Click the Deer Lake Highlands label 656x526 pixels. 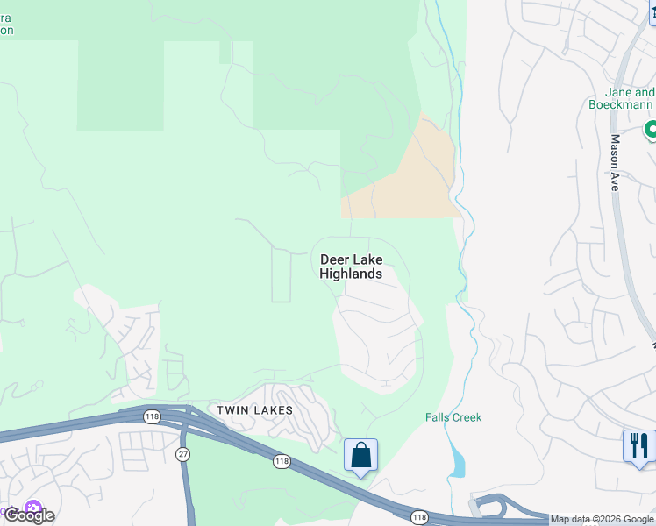(351, 267)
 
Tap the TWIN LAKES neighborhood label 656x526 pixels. (255, 409)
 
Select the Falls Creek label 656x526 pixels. (454, 417)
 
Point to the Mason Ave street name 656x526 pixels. (615, 163)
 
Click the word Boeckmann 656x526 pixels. (620, 104)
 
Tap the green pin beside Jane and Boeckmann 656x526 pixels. (651, 131)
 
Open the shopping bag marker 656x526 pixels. (360, 456)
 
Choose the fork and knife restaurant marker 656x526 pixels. (639, 445)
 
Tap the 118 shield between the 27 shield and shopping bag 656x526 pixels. (282, 460)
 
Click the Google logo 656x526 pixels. (29, 515)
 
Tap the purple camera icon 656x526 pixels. (33, 508)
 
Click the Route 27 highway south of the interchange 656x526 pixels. (187, 491)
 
